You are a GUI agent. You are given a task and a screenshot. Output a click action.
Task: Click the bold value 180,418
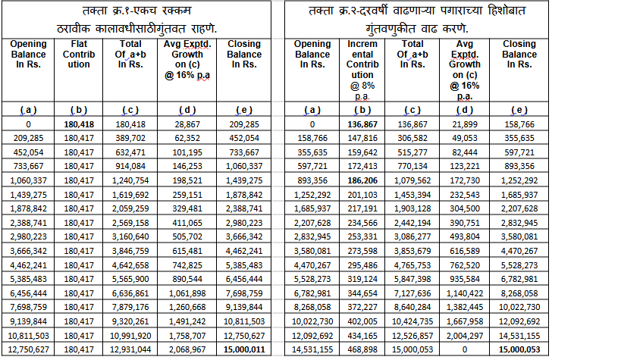click(x=79, y=124)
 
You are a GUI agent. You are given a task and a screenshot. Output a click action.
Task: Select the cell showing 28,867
click(x=187, y=124)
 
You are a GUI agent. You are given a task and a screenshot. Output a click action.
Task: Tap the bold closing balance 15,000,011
click(x=244, y=349)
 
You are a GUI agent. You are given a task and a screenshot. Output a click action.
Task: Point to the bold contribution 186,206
click(x=362, y=180)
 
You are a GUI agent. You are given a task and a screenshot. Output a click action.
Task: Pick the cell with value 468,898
click(x=362, y=349)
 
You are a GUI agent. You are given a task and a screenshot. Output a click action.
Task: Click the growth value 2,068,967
click(x=187, y=349)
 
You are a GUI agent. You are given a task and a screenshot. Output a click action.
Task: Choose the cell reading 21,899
click(x=465, y=124)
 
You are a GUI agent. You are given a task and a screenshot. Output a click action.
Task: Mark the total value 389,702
click(x=130, y=138)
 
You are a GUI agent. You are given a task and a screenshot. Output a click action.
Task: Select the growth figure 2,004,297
click(x=465, y=336)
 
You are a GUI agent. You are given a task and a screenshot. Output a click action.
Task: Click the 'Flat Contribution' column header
click(x=79, y=55)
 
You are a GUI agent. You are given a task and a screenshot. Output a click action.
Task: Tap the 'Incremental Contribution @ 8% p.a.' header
click(x=362, y=70)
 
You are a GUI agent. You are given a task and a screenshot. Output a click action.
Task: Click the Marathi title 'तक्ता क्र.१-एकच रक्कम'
click(x=136, y=11)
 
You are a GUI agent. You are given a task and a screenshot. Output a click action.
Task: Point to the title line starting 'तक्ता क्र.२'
click(x=416, y=11)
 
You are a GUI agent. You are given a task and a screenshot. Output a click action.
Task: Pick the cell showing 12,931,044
click(x=130, y=349)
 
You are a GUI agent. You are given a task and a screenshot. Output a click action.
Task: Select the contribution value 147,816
click(x=362, y=138)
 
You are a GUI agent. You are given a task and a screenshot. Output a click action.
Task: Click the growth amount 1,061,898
click(x=187, y=293)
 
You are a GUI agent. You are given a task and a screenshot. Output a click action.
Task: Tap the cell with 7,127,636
click(x=412, y=293)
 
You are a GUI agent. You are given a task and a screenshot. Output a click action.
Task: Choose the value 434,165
click(x=362, y=336)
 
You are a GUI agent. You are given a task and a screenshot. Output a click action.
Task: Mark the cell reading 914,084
click(x=130, y=166)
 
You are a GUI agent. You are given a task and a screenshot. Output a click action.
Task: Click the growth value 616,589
click(x=465, y=251)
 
